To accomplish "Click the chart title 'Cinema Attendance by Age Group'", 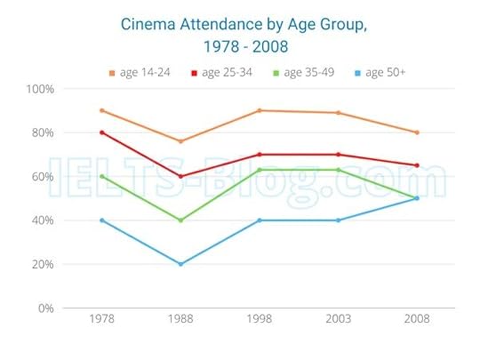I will click(243, 25).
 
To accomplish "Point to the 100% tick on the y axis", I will click(41, 89).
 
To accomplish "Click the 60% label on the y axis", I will click(43, 176).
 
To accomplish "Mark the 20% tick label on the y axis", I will click(43, 264).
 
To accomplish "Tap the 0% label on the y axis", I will click(46, 308).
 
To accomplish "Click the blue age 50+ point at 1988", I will click(180, 264).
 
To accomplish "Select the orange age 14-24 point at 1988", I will click(180, 141).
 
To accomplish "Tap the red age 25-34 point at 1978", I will click(102, 132).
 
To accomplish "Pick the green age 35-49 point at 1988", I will click(180, 220).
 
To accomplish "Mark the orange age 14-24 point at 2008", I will click(416, 132).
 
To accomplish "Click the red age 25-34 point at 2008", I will click(416, 165).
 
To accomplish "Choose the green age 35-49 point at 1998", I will click(259, 170).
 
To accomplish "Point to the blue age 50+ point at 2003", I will click(338, 220).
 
